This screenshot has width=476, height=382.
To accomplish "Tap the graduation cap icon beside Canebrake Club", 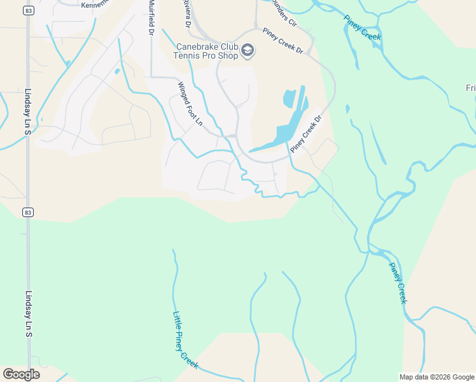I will [x=248, y=50].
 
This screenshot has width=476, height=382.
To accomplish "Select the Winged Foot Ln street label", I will [x=190, y=103].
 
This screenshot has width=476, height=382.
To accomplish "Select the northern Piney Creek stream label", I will [x=362, y=27].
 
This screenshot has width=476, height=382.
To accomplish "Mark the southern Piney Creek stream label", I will [x=397, y=283].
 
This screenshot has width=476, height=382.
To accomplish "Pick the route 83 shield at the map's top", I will [x=28, y=10].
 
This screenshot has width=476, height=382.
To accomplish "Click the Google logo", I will [x=21, y=374].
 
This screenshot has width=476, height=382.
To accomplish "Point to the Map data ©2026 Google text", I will [x=436, y=377].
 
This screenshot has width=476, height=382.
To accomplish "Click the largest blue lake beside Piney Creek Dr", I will [x=286, y=131].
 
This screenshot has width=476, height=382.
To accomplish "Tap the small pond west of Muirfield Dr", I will [x=116, y=71].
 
